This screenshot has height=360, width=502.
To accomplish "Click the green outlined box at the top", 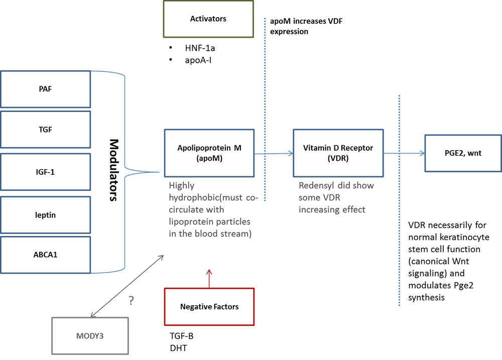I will click(208, 19).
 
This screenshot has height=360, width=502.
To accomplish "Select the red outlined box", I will click(209, 306).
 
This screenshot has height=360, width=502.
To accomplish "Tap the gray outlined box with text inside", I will click(90, 335).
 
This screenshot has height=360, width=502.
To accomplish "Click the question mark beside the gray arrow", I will click(131, 301).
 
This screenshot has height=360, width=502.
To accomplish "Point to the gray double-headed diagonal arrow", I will click(127, 286).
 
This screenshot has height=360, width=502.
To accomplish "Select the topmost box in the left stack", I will click(45, 88).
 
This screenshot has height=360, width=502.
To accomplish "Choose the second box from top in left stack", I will click(45, 130).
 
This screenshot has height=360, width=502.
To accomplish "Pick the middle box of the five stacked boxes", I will click(45, 172).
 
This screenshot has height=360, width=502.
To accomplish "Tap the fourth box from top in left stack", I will click(45, 214).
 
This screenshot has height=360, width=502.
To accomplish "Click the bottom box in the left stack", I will click(45, 256).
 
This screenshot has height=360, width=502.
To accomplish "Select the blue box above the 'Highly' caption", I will click(209, 153).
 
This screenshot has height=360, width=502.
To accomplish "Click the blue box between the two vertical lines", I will click(338, 153).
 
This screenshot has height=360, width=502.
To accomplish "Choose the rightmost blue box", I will click(462, 153).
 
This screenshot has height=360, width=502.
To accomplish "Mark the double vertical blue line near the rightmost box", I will click(399, 226).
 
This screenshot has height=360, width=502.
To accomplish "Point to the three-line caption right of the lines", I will click(334, 197).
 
